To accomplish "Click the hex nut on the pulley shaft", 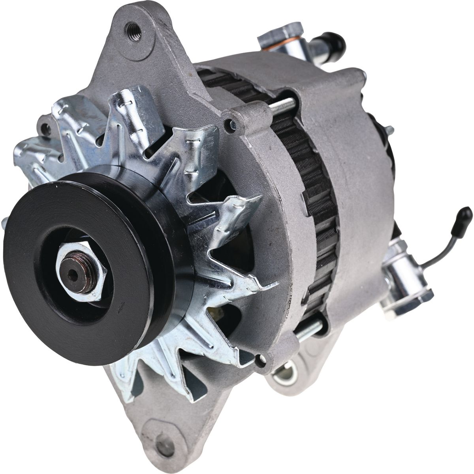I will point(81,272).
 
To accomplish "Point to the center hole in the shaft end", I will point(73,275).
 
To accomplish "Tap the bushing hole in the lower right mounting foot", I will point(285,373).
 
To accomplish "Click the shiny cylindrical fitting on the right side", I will point(399,276).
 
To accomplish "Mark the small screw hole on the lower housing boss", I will point(259,359).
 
